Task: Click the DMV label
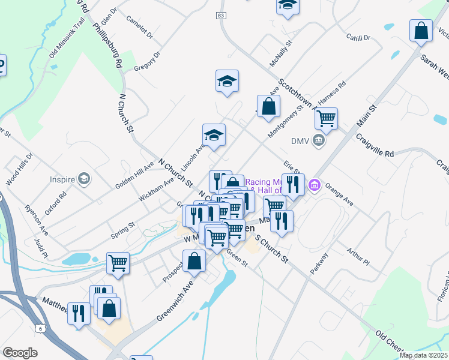tap(300, 142)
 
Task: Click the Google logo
tap(20, 353)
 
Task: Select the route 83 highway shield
tap(222, 15)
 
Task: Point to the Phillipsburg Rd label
tap(108, 45)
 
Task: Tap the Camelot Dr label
tap(140, 28)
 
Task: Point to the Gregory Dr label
tap(148, 61)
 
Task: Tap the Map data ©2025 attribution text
tap(423, 355)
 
